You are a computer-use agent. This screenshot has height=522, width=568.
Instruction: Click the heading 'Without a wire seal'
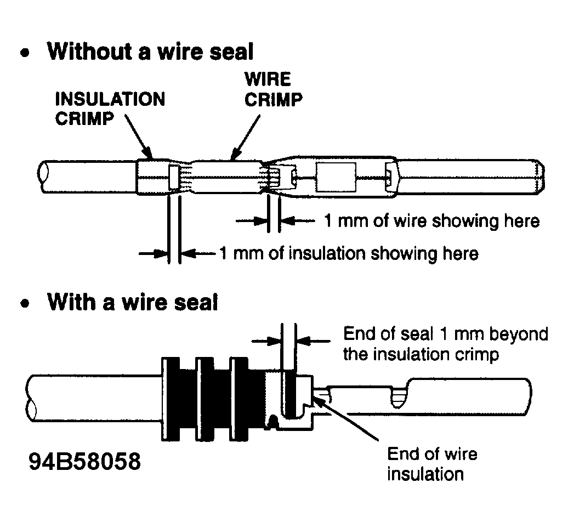[150, 52]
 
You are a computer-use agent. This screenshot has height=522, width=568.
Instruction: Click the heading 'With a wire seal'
[133, 302]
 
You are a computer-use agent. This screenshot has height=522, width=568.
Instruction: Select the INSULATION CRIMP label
[110, 109]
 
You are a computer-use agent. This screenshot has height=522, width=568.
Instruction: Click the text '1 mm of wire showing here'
[431, 221]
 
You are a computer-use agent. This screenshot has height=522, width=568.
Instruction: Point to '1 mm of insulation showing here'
[349, 253]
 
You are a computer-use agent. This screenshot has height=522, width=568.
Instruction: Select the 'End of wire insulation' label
[432, 463]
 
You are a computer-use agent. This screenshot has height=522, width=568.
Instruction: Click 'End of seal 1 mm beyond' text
[445, 334]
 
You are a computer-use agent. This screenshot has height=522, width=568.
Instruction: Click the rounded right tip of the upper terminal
[540, 176]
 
